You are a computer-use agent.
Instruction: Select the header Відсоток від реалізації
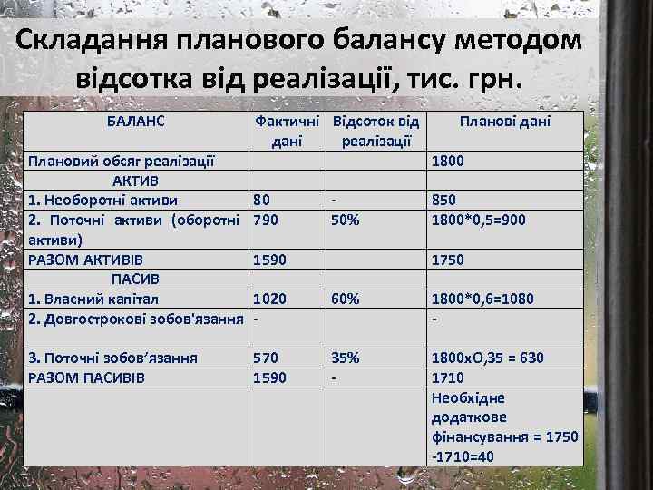[376, 131]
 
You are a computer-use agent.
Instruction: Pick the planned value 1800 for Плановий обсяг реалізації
[450, 161]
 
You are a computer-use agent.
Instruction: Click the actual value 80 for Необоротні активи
[262, 200]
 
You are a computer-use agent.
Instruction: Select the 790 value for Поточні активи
[267, 220]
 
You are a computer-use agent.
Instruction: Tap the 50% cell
[346, 220]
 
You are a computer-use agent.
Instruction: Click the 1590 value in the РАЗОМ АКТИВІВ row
[270, 260]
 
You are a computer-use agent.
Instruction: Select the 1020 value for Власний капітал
[270, 299]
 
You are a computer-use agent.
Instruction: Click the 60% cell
[346, 299]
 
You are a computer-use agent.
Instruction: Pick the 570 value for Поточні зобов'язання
[267, 358]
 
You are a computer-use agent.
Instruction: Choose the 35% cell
[346, 358]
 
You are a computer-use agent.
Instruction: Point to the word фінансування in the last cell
[481, 436]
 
